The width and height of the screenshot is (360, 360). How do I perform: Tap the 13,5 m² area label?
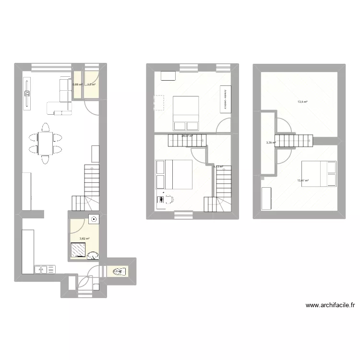pyautogui.click(x=302, y=102)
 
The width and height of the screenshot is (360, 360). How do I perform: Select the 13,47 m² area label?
pyautogui.click(x=303, y=181)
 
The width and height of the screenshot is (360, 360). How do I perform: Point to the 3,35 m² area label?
pyautogui.click(x=271, y=143)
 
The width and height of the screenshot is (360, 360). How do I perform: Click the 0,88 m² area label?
pyautogui.click(x=77, y=85)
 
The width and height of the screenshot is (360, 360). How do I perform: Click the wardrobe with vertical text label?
pyautogui.click(x=225, y=99)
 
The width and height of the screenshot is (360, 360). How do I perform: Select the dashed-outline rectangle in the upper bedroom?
pyautogui.click(x=159, y=103)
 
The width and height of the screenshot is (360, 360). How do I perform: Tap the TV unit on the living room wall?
pyautogui.click(x=27, y=96)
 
